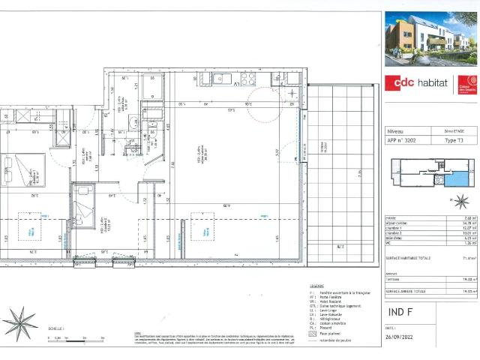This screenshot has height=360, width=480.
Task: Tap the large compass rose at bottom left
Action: [20, 324]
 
